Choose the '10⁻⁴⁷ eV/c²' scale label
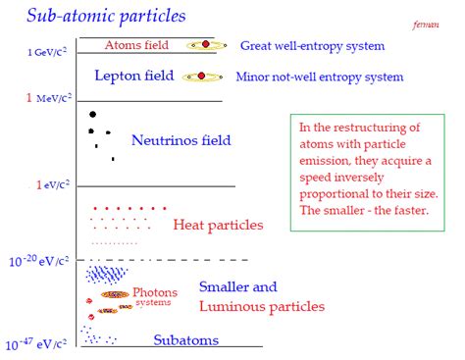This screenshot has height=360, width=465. click(38, 344)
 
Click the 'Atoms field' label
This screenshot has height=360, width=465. click(136, 45)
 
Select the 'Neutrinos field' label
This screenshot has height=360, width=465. click(181, 140)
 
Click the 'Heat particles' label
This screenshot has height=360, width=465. click(218, 226)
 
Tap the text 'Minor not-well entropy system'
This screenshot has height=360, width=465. click(321, 77)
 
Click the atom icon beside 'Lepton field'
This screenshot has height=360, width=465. click(202, 76)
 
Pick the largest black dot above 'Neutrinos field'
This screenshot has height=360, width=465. click(92, 115)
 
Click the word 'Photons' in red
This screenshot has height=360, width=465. click(155, 292)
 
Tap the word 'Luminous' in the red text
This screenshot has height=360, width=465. click(233, 307)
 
